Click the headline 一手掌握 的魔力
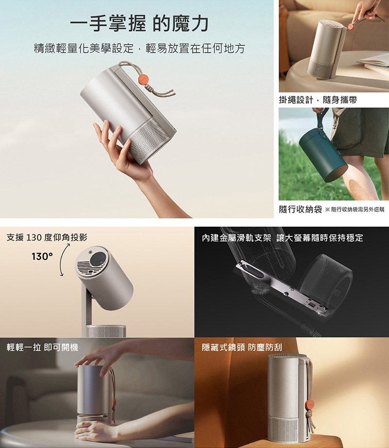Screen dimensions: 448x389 [x=139, y=23]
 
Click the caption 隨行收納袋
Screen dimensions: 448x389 [x=300, y=209]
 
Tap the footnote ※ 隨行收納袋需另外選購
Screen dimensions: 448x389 [x=354, y=210]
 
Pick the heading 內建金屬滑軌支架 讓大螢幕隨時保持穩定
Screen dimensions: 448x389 [x=283, y=238]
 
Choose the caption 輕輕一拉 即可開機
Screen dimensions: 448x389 [x=42, y=347]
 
